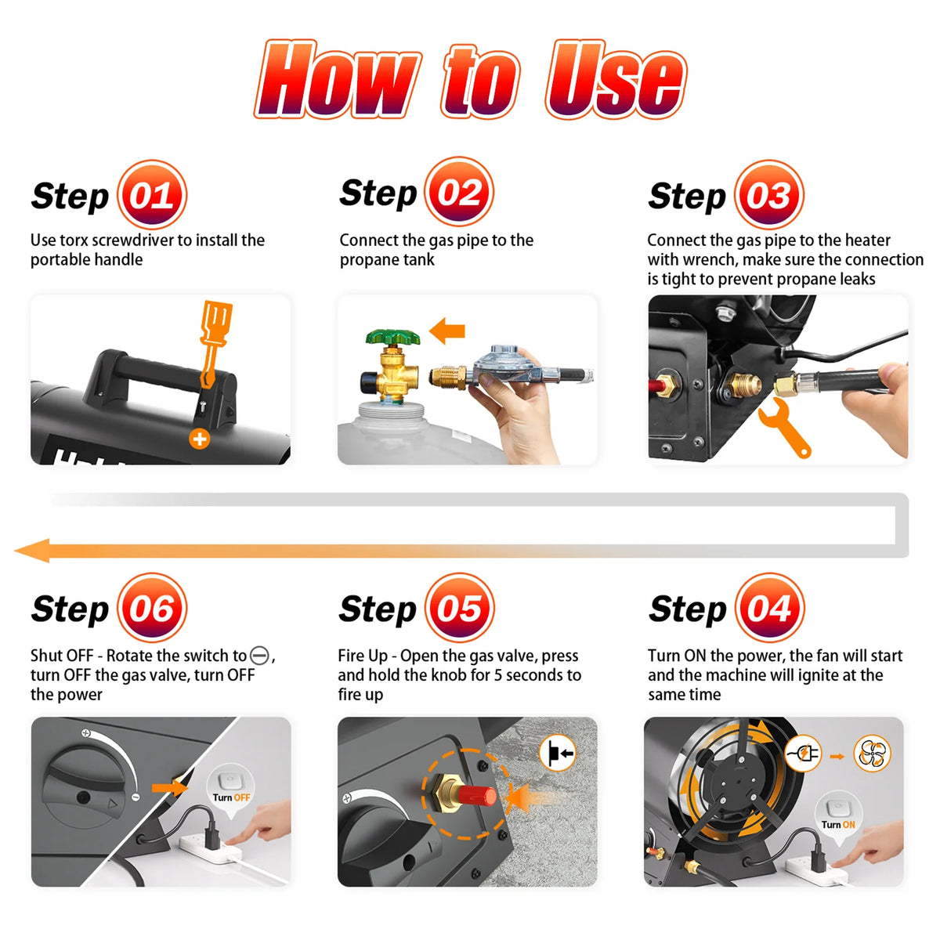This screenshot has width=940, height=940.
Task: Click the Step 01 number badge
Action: click(x=152, y=194)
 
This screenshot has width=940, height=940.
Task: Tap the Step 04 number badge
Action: click(x=769, y=607)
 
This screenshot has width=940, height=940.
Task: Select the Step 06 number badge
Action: click(x=152, y=607)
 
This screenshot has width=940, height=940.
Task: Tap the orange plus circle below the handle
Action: click(x=200, y=439)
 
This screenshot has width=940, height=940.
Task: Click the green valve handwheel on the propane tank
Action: click(x=392, y=337)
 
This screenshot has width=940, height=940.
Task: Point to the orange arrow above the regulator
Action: click(x=446, y=331)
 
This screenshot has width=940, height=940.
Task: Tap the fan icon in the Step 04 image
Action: click(x=872, y=754)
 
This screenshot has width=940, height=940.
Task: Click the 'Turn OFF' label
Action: click(x=231, y=797)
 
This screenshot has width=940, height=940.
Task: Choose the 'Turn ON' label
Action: click(x=837, y=824)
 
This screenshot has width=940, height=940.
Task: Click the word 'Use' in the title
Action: click(x=616, y=80)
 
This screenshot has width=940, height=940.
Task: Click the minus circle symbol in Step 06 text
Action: click(x=259, y=656)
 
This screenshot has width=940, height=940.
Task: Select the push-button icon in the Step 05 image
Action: click(x=558, y=753)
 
